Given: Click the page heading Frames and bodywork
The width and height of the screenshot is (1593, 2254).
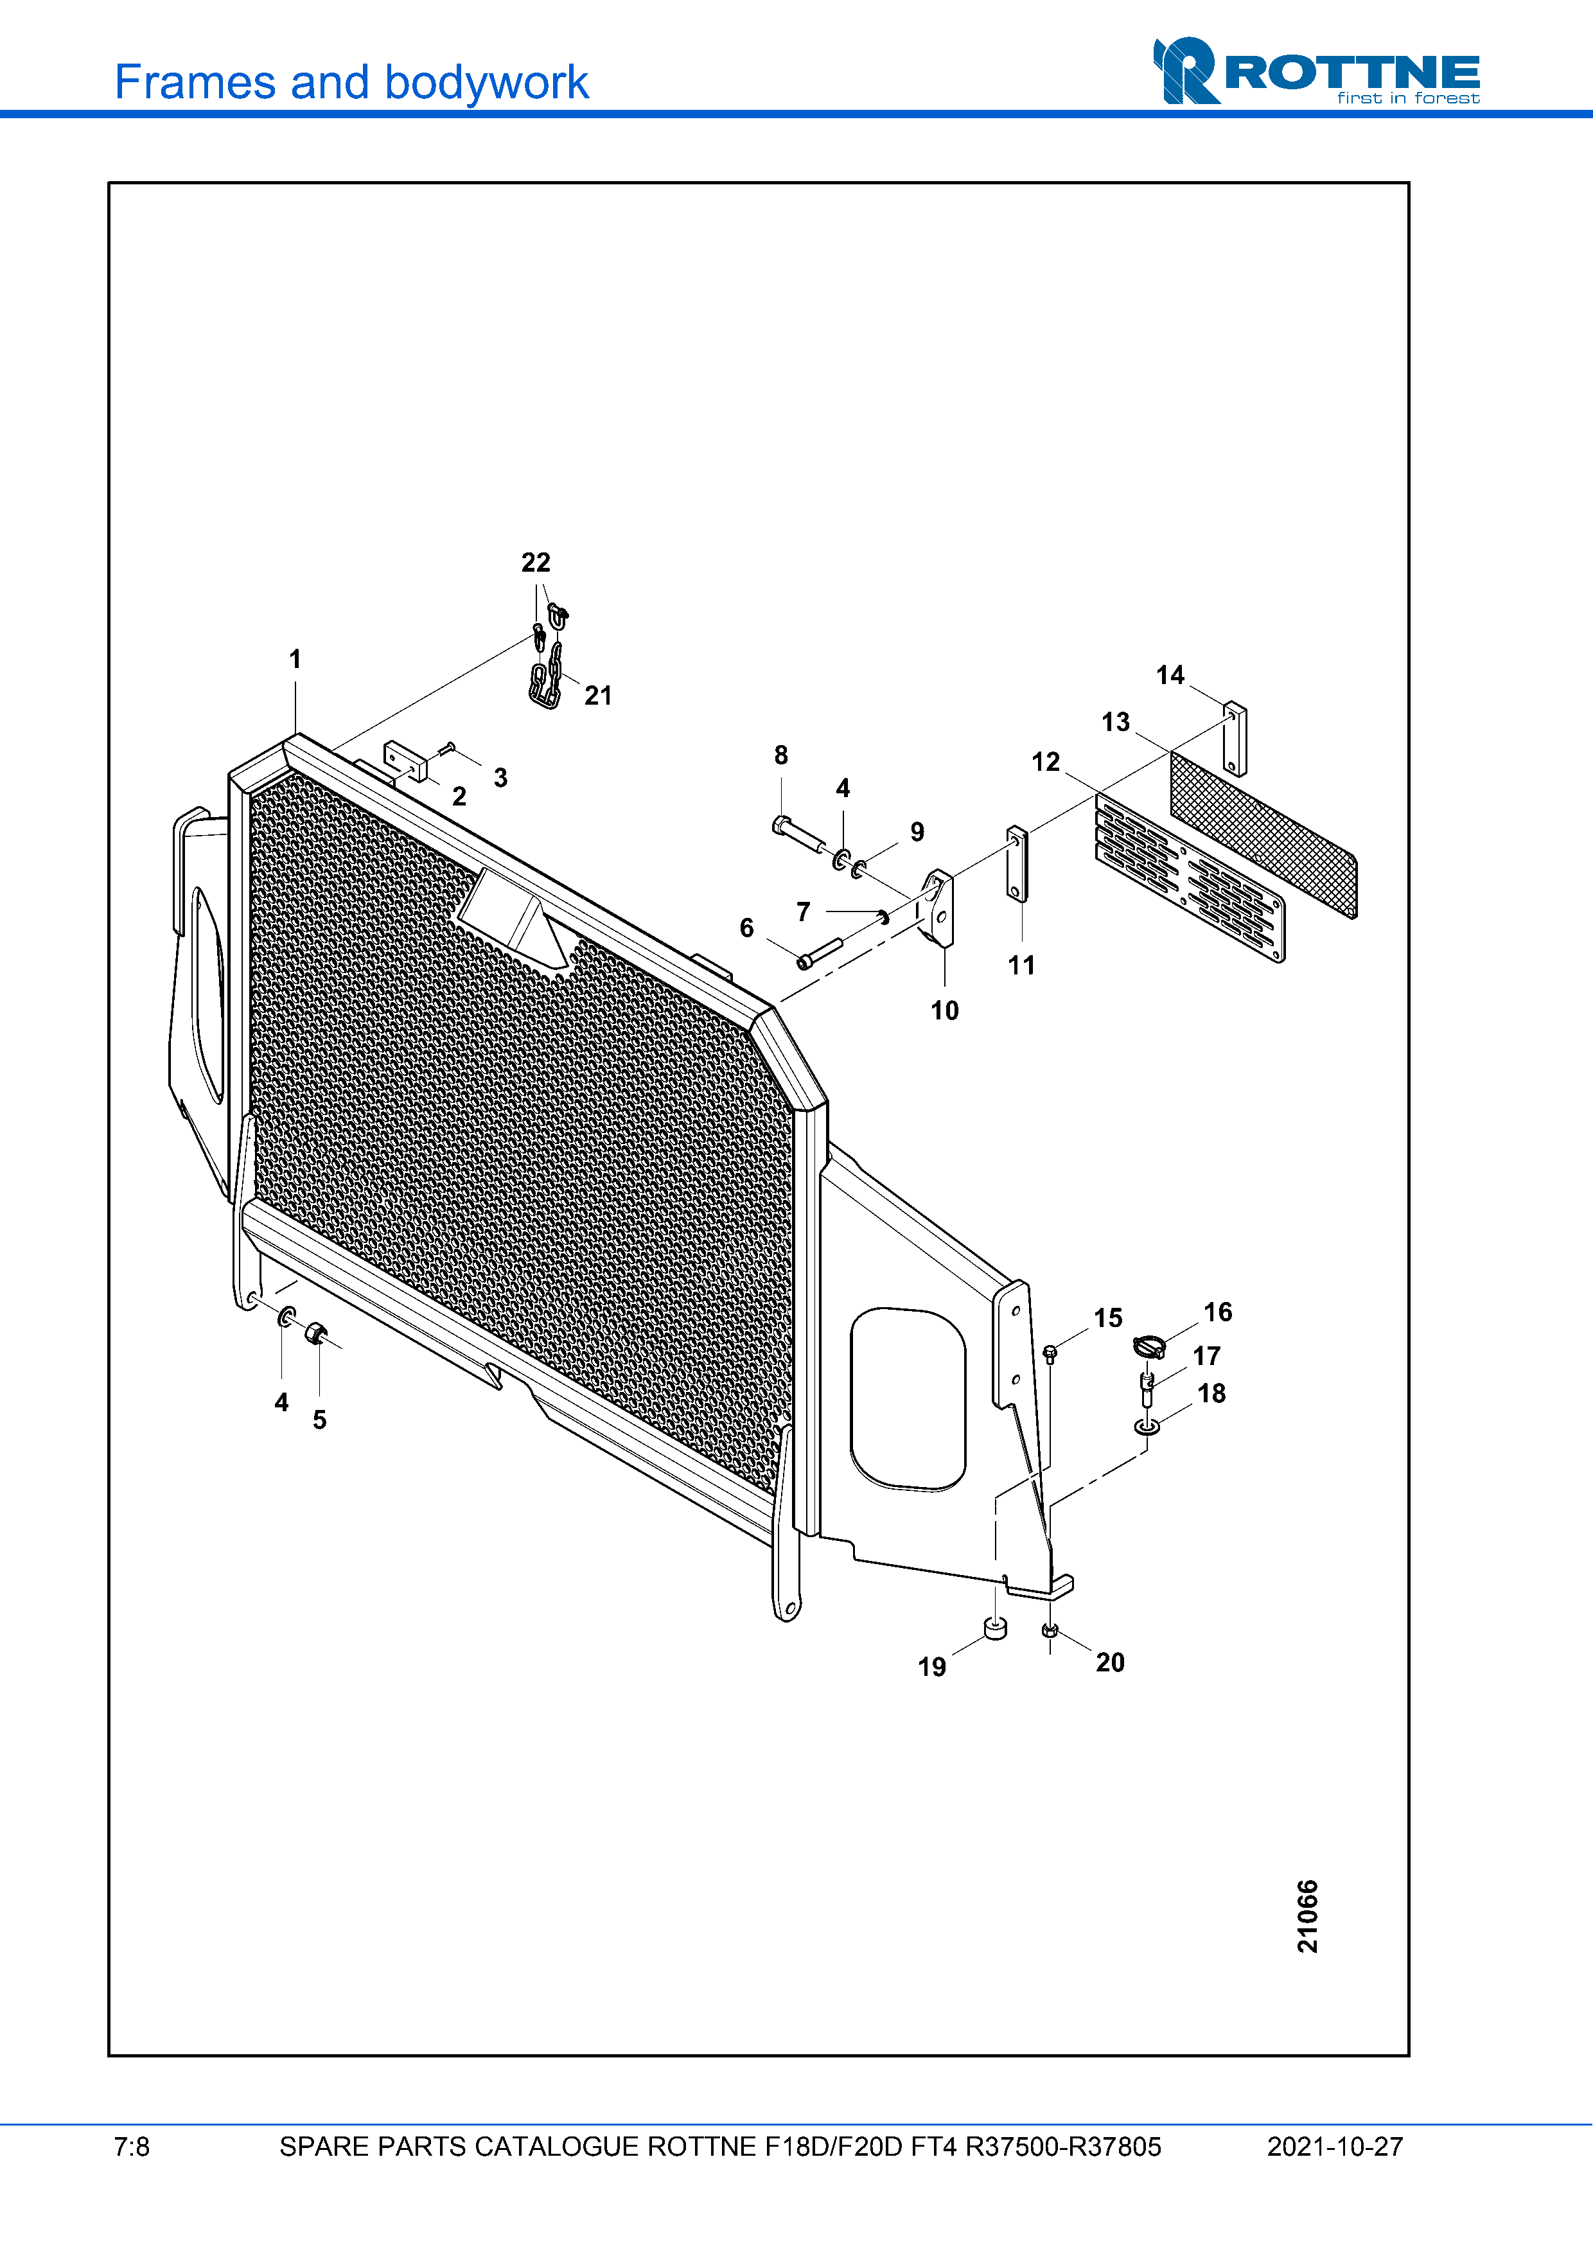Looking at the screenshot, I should (x=351, y=82).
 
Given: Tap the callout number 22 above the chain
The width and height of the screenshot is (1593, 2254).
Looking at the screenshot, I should (x=536, y=563).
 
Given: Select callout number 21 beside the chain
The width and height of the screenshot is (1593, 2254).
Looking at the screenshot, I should (x=598, y=696).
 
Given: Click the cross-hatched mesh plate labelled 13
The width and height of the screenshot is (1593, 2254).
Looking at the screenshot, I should (x=1263, y=834).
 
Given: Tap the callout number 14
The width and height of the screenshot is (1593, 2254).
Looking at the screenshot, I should (x=1170, y=675).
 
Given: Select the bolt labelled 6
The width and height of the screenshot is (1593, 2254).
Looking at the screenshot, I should (x=820, y=951).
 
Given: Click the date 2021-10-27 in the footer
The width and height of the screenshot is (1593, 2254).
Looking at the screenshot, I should (x=1334, y=2147).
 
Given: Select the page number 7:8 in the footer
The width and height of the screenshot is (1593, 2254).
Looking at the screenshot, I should (x=132, y=2147).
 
